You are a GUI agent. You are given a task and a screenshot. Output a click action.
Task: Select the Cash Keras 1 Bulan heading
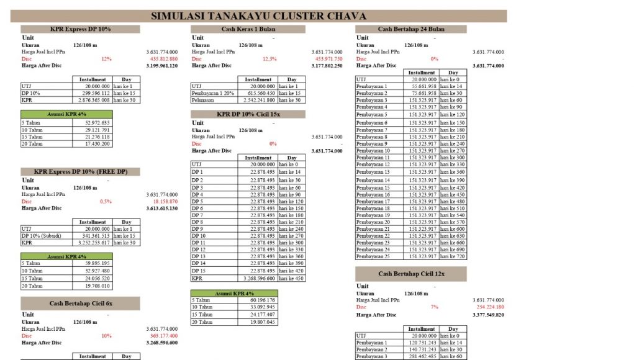pos(248,29)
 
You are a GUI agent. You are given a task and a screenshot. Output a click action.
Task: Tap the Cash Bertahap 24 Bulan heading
pos(410,29)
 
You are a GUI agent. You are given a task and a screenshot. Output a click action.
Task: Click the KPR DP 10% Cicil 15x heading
pos(248,114)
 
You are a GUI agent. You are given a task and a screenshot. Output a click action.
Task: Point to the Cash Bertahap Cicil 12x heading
pos(410,274)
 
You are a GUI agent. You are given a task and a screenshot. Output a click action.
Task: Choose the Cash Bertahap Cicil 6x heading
pos(81,303)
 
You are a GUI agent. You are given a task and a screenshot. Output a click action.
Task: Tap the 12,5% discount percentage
pos(269,59)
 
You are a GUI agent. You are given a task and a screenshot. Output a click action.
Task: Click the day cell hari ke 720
pos(453,256)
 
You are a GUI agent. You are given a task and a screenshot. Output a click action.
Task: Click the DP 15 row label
pos(198,271)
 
